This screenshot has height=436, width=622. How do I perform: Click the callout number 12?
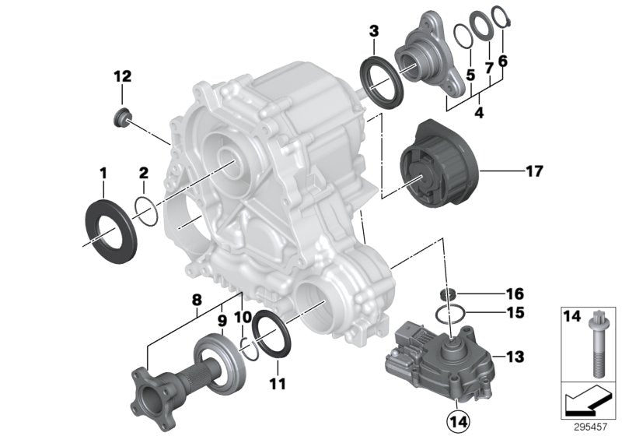[123, 76]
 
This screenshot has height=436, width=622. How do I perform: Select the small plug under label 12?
[121, 118]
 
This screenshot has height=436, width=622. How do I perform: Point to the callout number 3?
[374, 31]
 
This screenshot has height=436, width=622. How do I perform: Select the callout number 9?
[221, 318]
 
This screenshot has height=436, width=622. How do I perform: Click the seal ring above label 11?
[271, 331]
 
